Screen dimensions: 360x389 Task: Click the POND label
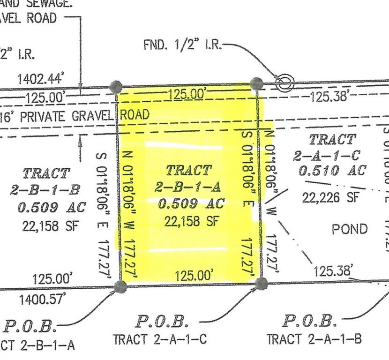pos(350,229)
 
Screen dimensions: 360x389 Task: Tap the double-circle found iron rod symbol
pos(284,83)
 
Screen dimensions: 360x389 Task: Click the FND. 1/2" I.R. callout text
pos(182,45)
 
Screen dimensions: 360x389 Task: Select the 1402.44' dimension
pos(40,79)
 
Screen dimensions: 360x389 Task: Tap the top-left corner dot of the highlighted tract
pos(116,87)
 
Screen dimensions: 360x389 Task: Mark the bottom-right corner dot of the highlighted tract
pos(261,283)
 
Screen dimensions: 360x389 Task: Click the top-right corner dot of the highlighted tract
pos(256,84)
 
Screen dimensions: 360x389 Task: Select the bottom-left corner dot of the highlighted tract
pos(121,286)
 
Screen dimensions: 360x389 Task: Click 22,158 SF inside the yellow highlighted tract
pos(191,221)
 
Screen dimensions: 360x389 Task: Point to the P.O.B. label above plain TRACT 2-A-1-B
pos(309,322)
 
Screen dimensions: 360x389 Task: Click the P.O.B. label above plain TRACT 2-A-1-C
pos(162,322)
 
